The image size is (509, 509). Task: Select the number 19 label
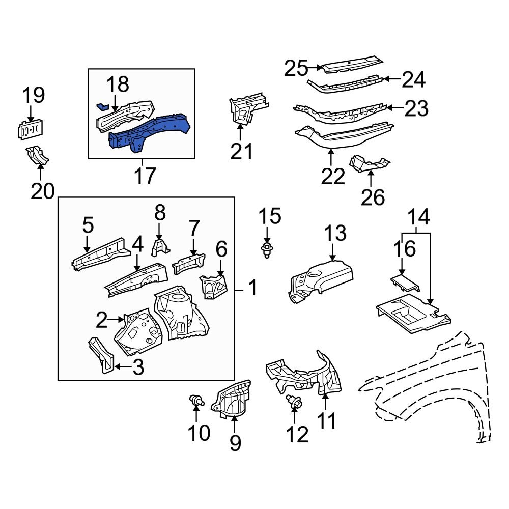coord(33,95)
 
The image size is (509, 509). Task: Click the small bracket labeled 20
coord(38,155)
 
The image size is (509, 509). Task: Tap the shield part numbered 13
coord(321,280)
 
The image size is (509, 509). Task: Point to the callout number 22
coord(333,176)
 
